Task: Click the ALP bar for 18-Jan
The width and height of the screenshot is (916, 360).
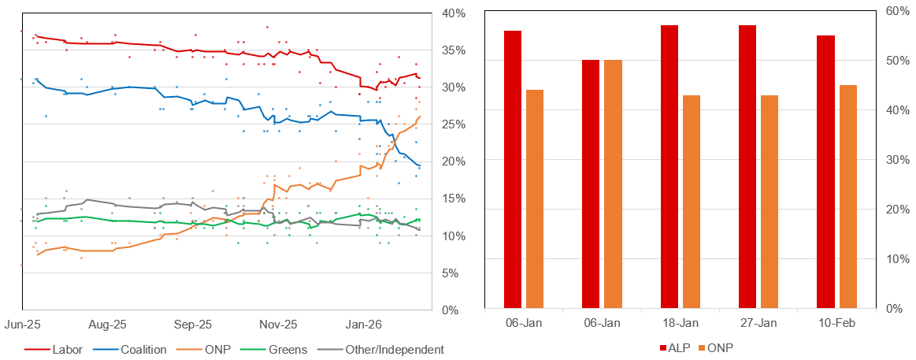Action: pos(669,166)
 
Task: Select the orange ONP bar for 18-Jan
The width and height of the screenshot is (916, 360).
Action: pos(691,202)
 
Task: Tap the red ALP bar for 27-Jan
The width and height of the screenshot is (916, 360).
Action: pos(747,166)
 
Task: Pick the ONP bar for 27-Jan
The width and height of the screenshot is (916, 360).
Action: pos(769,202)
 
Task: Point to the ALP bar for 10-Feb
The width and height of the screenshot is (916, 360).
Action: pos(825,172)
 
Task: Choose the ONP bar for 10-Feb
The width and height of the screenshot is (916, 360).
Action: pos(847,196)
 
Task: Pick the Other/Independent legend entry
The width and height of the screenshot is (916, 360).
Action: pos(381,349)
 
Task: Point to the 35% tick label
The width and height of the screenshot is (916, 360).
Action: pos(453,50)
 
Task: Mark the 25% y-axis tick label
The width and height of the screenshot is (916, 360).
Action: pos(453,124)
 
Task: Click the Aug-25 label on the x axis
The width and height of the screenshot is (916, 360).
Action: pos(108,324)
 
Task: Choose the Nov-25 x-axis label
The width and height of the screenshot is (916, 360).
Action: pos(279,324)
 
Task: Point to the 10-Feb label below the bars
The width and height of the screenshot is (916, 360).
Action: pos(836,323)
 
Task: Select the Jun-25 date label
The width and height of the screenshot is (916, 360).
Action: pos(23,324)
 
